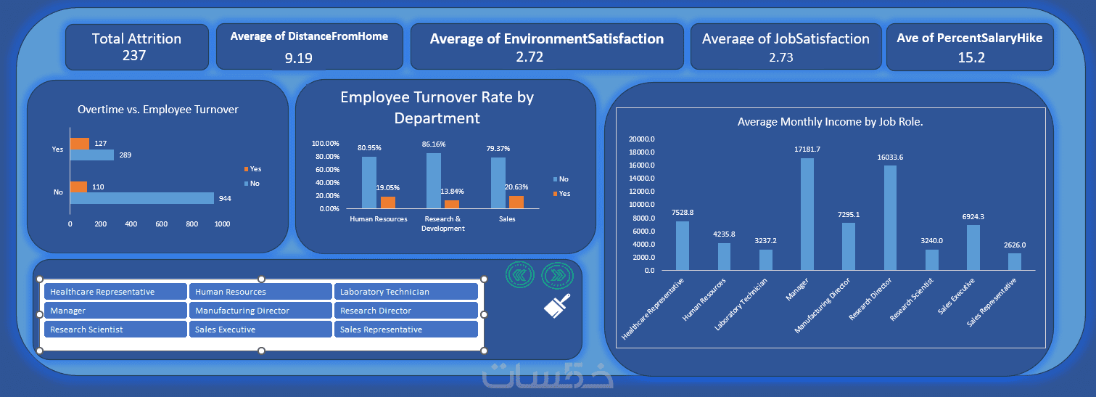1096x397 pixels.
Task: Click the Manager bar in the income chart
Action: (x=807, y=214)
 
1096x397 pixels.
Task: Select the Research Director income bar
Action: (x=890, y=218)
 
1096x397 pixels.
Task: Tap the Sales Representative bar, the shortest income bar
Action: (x=1015, y=261)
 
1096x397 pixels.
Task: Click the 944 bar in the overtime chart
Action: (x=142, y=198)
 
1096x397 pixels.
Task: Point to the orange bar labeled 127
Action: (x=80, y=144)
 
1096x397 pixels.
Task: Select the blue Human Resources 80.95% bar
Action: (x=369, y=183)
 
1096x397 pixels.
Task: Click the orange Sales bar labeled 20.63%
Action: (x=516, y=202)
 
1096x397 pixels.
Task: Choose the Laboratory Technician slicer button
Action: (x=406, y=292)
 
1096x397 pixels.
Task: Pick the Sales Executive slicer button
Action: (x=260, y=330)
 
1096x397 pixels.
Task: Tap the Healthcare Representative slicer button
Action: (x=115, y=292)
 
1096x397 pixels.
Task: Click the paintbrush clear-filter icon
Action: (x=557, y=306)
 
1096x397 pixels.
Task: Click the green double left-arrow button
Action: (x=519, y=275)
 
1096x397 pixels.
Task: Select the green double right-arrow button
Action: (x=557, y=275)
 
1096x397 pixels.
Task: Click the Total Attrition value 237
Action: (x=134, y=55)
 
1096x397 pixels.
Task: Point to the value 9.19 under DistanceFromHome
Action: (x=298, y=58)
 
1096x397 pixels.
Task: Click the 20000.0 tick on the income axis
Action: (x=641, y=139)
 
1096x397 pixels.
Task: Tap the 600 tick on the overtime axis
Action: (x=162, y=224)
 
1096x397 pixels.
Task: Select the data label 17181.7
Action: (x=807, y=150)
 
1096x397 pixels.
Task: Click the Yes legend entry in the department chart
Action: (x=561, y=193)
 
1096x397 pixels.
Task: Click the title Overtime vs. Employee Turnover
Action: (x=158, y=109)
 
